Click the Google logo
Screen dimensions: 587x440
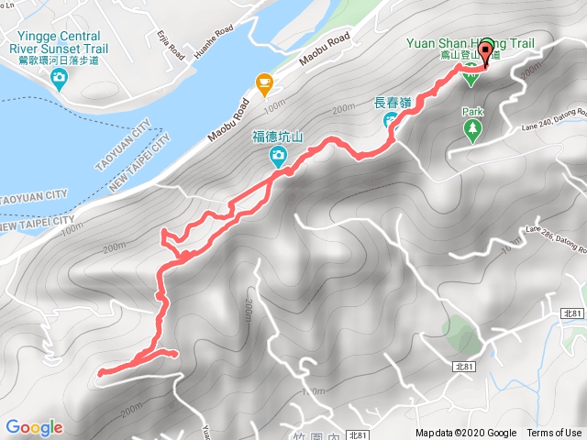pyautogui.click(x=34, y=427)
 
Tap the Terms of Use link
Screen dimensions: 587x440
pyautogui.click(x=554, y=434)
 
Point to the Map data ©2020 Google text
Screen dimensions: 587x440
pyautogui.click(x=465, y=434)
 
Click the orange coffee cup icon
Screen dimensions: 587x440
pyautogui.click(x=264, y=84)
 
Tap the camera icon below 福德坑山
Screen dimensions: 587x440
pyautogui.click(x=277, y=159)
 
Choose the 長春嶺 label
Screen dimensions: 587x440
pyautogui.click(x=392, y=103)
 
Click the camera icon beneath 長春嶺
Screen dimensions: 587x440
pyautogui.click(x=391, y=120)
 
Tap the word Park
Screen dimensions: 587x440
pyautogui.click(x=472, y=112)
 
